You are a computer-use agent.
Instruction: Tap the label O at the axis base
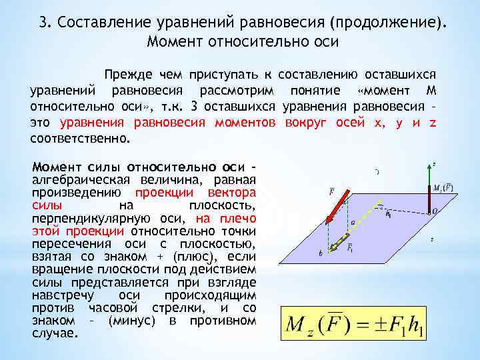click(x=435, y=211)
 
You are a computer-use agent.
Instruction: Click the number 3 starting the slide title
click(x=43, y=24)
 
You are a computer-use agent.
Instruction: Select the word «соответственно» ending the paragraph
click(x=79, y=140)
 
